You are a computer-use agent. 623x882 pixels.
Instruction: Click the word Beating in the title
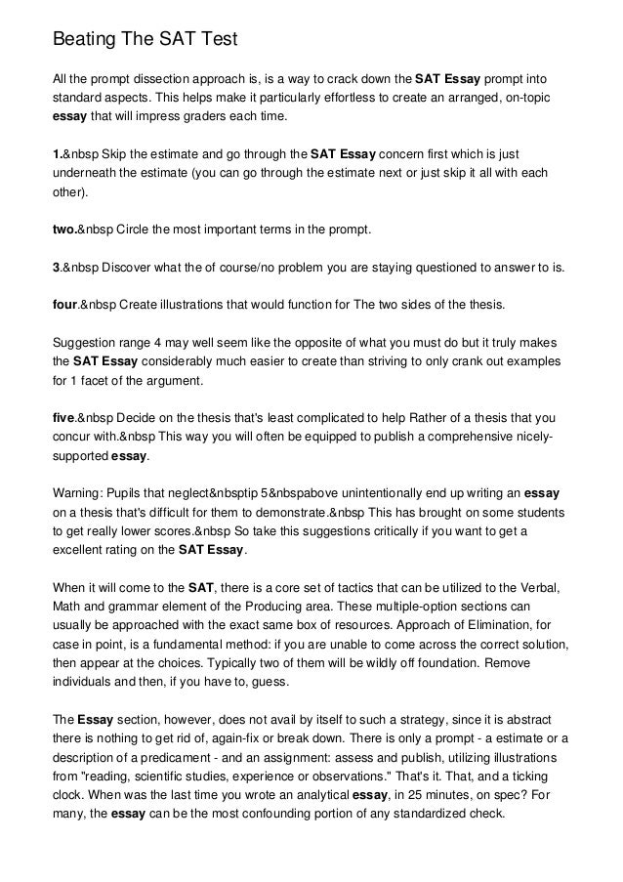83,40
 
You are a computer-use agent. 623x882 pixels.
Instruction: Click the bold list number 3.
55,267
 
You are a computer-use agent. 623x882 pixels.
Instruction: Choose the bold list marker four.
64,305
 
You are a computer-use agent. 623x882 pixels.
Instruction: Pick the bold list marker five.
63,417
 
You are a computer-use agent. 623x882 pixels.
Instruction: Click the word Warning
79,492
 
